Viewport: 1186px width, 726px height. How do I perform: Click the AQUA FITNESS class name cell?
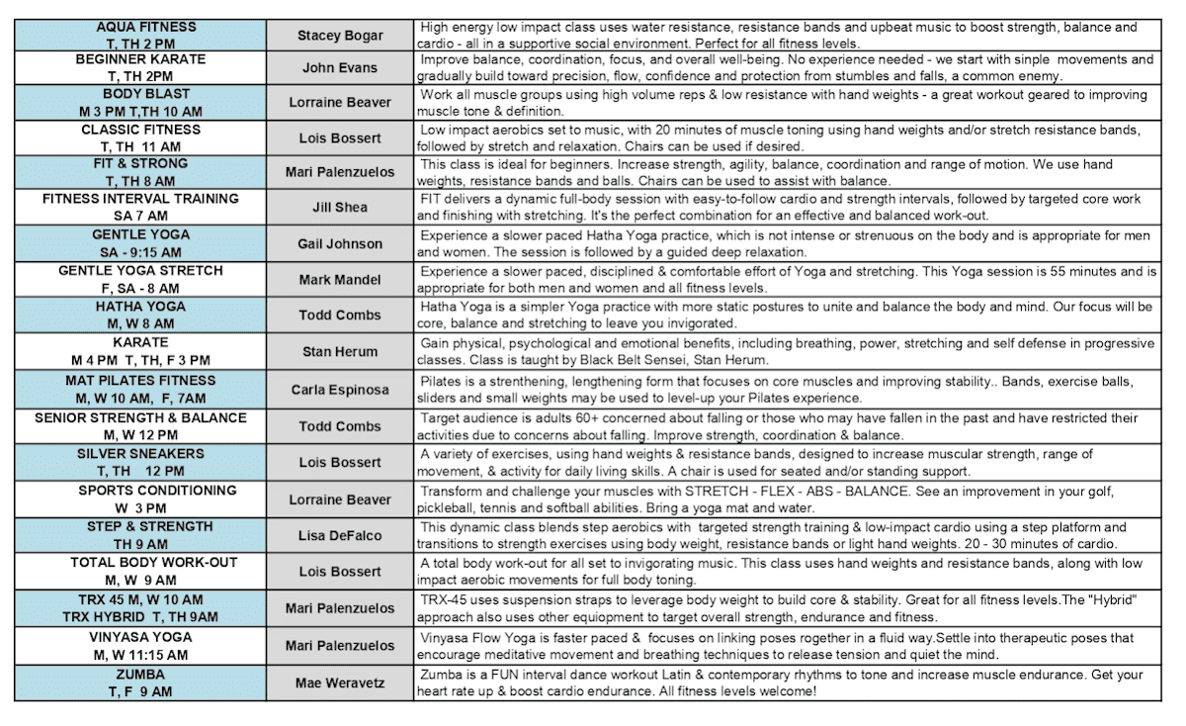pos(139,35)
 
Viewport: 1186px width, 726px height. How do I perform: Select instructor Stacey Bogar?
pos(339,36)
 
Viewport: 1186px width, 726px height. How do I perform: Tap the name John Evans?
pos(339,68)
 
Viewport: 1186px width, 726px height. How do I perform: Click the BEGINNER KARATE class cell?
pos(139,67)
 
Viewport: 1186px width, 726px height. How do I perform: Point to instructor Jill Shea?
pos(339,208)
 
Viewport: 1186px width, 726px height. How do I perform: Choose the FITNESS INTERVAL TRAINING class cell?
pos(139,207)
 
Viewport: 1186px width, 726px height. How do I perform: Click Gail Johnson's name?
pos(339,243)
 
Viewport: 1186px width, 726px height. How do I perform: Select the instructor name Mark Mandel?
pos(339,280)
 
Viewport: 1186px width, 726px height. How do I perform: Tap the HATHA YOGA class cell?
pos(139,316)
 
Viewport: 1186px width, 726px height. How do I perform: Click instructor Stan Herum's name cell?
pos(339,351)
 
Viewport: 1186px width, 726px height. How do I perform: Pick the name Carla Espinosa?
pos(339,390)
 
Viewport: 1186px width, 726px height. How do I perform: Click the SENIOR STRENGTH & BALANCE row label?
pos(139,425)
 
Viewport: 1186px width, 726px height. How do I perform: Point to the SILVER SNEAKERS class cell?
pos(139,462)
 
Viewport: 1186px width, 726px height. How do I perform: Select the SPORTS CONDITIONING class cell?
pos(139,499)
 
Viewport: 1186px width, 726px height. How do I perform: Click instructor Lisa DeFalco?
pos(339,535)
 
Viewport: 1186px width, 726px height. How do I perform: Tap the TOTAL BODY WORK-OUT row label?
pos(139,571)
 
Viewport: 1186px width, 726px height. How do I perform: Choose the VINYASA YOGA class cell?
pos(139,645)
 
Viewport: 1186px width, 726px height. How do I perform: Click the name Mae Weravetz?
pos(339,682)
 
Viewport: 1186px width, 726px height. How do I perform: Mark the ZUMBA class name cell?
pos(139,682)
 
